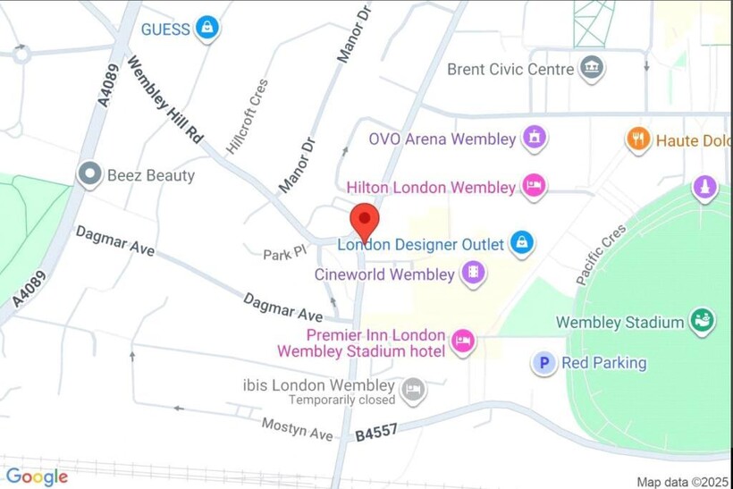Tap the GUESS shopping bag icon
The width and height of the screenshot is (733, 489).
tap(207, 28)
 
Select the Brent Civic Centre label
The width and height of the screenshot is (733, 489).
tap(510, 69)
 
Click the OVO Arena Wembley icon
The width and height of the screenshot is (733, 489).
tap(535, 139)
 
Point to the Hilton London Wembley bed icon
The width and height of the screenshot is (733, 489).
tap(534, 187)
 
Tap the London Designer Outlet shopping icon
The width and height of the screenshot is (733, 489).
tap(521, 242)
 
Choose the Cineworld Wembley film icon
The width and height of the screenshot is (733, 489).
tap(473, 274)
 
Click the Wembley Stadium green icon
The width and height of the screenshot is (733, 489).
tap(702, 322)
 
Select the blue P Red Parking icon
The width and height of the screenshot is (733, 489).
tap(543, 363)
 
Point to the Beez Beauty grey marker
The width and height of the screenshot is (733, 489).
tap(89, 174)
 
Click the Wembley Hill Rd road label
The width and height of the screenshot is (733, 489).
tap(165, 101)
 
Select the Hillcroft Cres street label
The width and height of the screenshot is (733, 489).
tap(247, 122)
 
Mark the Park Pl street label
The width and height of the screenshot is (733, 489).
tap(284, 254)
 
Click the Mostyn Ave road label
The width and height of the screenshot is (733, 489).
tap(297, 428)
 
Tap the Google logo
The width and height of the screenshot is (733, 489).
tap(37, 476)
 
